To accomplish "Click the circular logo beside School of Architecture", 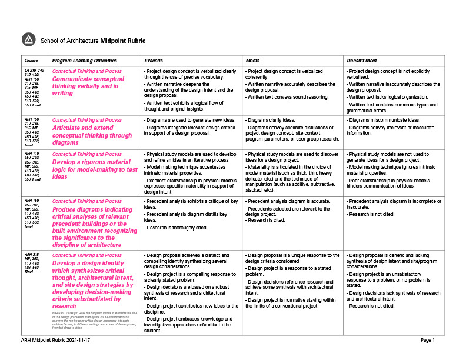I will coord(29,39).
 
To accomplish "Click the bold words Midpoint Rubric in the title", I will coord(122,41).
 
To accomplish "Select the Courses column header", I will coord(30,61).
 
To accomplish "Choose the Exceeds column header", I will coord(154,61).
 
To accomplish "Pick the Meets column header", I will coord(252,61).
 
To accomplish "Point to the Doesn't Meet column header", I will coord(362,61).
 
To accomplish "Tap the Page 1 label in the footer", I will coord(427,340).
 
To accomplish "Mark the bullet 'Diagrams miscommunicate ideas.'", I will coord(383,120).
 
